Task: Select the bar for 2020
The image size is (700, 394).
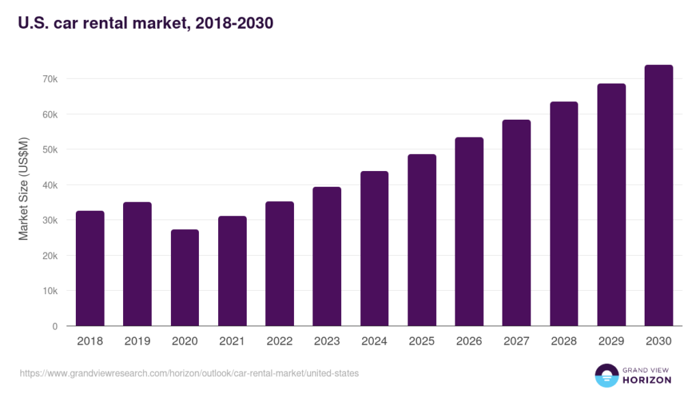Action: tap(185, 278)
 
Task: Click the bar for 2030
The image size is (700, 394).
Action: tap(658, 196)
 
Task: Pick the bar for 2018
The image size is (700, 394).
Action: tap(90, 268)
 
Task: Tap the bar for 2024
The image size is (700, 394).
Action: tap(374, 248)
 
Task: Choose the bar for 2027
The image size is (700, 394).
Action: tap(516, 223)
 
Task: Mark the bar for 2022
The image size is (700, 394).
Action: tap(280, 264)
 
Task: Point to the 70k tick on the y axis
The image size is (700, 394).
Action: tap(50, 79)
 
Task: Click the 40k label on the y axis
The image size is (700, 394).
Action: tap(50, 185)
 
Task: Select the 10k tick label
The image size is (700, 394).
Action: tap(50, 291)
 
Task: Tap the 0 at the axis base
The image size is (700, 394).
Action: tap(55, 326)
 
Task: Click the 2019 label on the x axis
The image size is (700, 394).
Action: tap(137, 341)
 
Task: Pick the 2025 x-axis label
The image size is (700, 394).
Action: tap(421, 341)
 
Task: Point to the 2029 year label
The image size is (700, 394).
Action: tap(610, 341)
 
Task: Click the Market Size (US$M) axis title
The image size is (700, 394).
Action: tap(24, 189)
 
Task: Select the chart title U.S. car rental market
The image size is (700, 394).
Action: tap(146, 23)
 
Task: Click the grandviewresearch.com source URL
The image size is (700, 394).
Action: tap(189, 373)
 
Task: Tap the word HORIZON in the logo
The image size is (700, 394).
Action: tap(646, 380)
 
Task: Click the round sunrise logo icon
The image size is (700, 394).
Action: tap(606, 376)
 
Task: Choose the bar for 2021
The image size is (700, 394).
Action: tap(232, 271)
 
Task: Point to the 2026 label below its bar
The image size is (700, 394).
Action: tap(468, 341)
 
